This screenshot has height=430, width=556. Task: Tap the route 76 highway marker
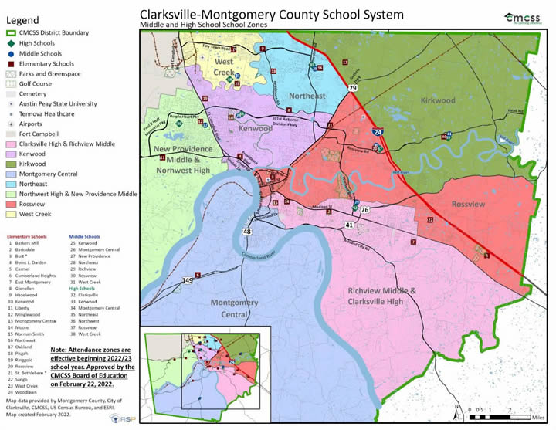[x=364, y=210]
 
